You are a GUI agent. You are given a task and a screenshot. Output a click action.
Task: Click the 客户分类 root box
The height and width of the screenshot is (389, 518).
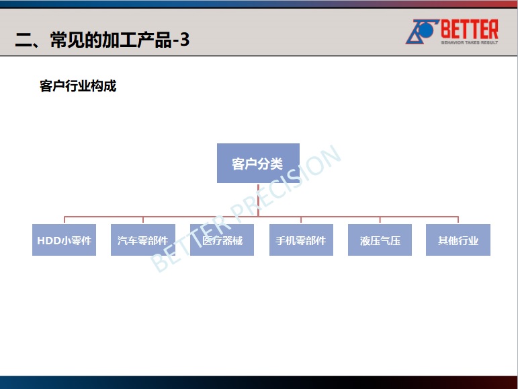tap(259, 164)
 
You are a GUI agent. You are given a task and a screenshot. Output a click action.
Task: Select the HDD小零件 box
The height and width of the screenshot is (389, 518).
tap(64, 240)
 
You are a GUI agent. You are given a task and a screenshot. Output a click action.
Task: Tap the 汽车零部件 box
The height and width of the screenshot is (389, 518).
tap(143, 240)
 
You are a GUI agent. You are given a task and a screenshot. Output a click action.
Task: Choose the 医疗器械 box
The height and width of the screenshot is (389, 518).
tap(222, 240)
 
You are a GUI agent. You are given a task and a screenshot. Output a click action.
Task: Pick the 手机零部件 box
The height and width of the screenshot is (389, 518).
tap(301, 240)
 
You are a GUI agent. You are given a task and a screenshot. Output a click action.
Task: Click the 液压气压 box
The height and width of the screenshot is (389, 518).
tap(380, 240)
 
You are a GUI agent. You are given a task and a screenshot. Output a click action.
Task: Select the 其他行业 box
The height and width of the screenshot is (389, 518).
tap(458, 240)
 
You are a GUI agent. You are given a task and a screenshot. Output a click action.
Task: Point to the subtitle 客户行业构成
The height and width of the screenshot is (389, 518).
tap(78, 86)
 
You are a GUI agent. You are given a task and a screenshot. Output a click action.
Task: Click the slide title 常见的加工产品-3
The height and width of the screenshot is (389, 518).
tap(120, 40)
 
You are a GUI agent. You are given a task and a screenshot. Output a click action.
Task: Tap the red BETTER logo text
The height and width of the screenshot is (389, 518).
tap(470, 29)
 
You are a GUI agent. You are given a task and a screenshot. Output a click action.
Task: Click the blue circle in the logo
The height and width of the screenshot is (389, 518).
tap(426, 30)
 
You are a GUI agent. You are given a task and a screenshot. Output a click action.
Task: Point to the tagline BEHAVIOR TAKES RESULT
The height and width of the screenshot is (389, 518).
tap(470, 42)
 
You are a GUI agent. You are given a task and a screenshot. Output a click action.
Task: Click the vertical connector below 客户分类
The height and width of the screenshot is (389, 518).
tap(258, 200)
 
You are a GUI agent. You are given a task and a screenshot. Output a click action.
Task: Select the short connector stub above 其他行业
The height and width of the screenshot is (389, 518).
tap(458, 220)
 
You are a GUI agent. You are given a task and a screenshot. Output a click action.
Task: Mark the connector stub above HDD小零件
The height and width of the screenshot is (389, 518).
tap(64, 220)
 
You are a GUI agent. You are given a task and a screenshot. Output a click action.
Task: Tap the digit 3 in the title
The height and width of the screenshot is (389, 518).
tap(185, 40)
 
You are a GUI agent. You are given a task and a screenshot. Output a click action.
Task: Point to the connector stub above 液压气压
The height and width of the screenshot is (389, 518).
tap(380, 220)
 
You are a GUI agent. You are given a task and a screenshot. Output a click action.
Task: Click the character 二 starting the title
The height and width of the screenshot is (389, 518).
tap(23, 40)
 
